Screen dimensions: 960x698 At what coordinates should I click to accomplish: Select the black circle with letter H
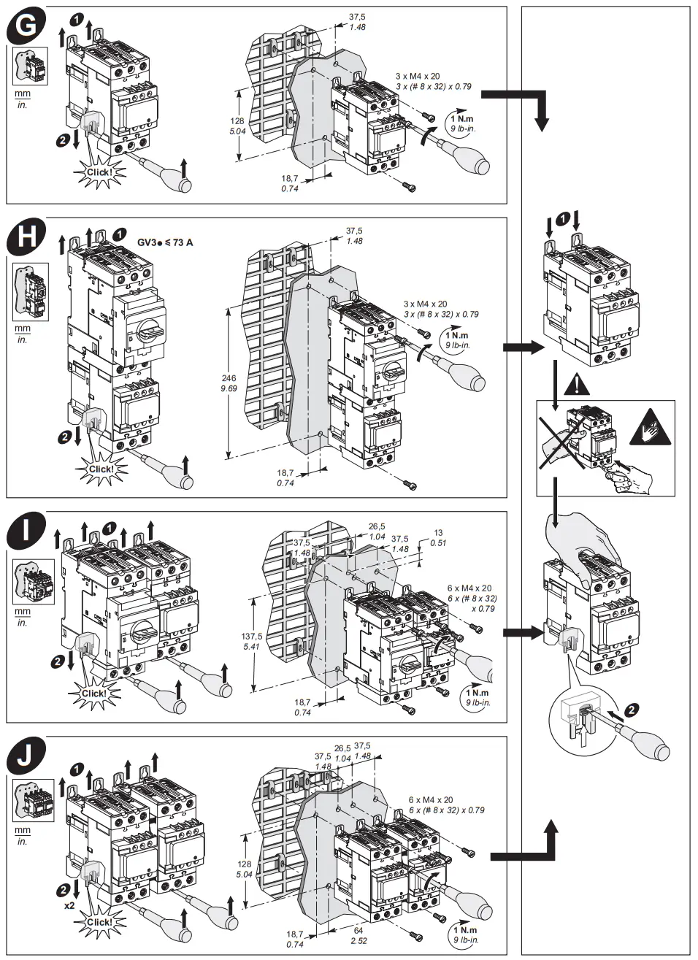[25, 237]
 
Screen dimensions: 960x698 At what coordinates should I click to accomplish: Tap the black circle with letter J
[25, 758]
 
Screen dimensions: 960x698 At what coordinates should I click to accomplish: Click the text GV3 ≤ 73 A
[165, 242]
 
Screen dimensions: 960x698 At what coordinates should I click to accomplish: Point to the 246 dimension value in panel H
[229, 378]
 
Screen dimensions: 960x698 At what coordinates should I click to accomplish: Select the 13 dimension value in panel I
[438, 533]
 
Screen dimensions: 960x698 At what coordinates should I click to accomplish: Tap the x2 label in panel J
[69, 905]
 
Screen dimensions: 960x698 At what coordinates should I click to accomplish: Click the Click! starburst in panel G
[99, 172]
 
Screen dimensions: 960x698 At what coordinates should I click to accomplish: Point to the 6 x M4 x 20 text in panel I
[469, 588]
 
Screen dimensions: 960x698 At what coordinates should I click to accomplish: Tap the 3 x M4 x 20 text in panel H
[426, 304]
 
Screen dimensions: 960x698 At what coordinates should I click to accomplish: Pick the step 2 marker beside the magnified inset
[632, 708]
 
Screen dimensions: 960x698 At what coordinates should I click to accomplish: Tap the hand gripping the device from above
[584, 544]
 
